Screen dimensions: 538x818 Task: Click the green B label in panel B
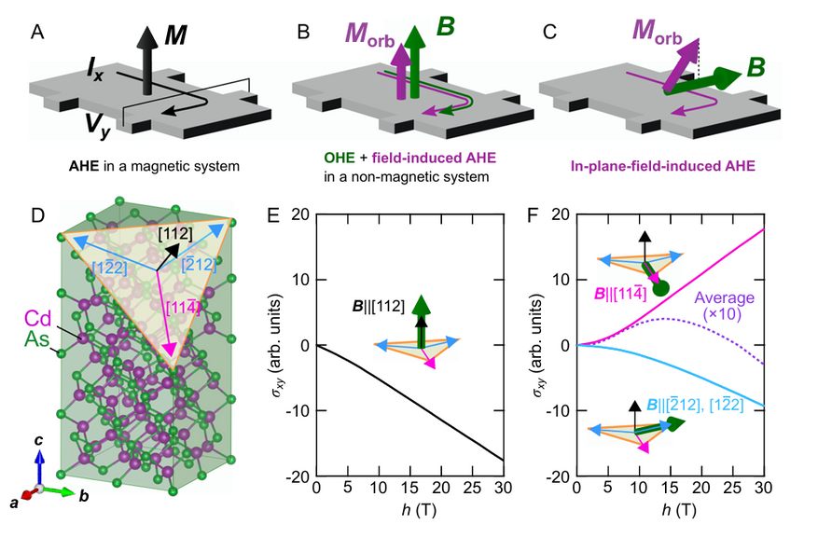tap(447, 25)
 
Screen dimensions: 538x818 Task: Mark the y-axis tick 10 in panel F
tap(562, 280)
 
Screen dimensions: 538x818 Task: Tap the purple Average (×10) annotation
tap(726, 309)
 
